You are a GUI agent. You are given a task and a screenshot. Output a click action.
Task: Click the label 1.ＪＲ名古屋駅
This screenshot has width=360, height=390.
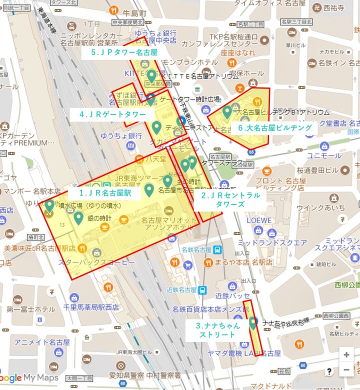tap(105, 192)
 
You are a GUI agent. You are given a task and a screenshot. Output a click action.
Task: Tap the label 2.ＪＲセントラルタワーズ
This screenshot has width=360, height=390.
tap(230, 199)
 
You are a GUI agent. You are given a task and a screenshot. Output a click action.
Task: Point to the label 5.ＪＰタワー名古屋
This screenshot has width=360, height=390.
tap(124, 52)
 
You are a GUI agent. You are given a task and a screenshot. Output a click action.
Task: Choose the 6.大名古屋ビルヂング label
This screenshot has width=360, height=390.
tap(274, 128)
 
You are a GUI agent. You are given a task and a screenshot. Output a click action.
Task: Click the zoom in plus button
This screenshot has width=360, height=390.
tap(346, 354)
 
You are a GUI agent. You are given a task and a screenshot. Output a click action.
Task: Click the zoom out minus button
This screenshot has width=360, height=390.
tap(346, 370)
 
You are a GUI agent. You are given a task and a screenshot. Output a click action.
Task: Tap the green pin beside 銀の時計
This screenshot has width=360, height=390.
tap(78, 218)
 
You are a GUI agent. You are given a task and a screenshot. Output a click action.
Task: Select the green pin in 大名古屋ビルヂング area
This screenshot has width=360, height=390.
tap(227, 112)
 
